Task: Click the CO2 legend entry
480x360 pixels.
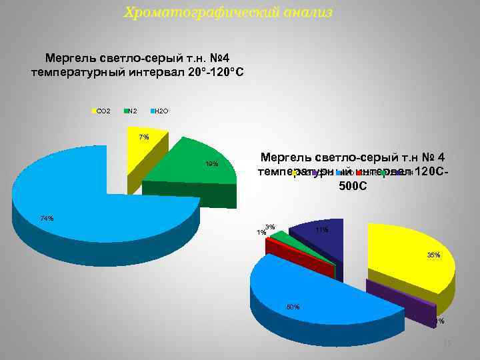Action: [x=101, y=110]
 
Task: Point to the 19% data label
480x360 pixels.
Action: [x=211, y=163]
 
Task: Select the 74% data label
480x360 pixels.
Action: [x=47, y=218]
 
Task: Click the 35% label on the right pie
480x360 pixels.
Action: [x=433, y=255]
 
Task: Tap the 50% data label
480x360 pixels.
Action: [x=293, y=307]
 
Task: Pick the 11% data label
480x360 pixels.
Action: [x=321, y=230]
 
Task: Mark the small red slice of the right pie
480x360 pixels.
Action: [x=269, y=243]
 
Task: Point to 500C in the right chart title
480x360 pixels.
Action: [x=353, y=186]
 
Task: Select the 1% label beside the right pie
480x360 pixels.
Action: [x=259, y=232]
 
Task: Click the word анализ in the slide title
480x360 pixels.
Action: [x=308, y=13]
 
